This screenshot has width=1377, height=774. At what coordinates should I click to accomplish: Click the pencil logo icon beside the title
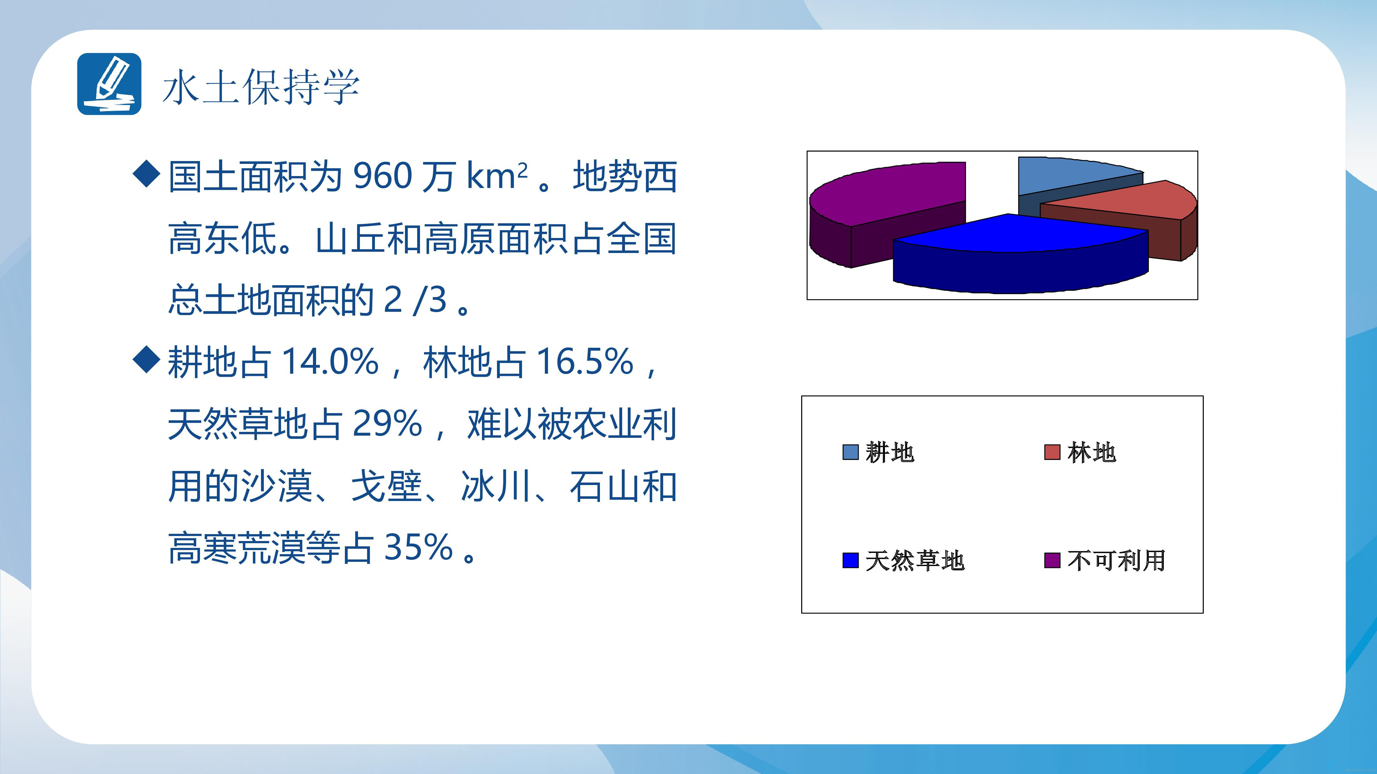[109, 84]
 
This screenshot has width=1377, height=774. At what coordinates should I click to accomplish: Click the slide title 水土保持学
[261, 87]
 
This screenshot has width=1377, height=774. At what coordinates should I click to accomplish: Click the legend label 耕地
[889, 453]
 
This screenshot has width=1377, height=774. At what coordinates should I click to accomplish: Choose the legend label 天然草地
[915, 560]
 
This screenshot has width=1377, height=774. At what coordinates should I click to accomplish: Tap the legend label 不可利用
[1116, 560]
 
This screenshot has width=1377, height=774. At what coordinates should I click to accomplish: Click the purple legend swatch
[1052, 560]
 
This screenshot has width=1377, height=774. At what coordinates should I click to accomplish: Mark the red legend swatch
[1052, 452]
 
